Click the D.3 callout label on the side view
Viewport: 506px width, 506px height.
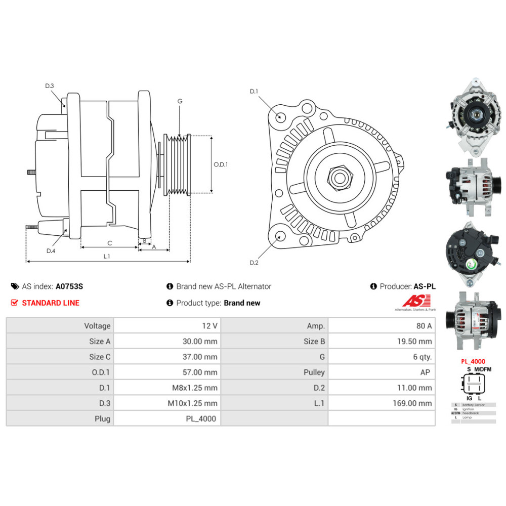tap(49, 86)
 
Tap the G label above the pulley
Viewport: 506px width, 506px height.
tap(180, 101)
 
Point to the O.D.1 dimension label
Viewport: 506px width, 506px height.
tap(221, 164)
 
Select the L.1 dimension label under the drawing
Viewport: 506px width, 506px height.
tap(107, 257)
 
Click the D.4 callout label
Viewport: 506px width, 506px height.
tap(51, 251)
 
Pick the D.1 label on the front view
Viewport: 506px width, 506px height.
tap(254, 92)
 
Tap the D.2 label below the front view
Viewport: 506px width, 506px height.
tap(254, 262)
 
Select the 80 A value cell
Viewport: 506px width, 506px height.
tap(423, 326)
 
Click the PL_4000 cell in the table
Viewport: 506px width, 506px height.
tap(200, 418)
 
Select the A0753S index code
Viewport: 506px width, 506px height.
tap(69, 286)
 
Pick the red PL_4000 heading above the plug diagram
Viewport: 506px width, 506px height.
tap(473, 362)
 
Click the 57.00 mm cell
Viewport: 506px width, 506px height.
tap(200, 372)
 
